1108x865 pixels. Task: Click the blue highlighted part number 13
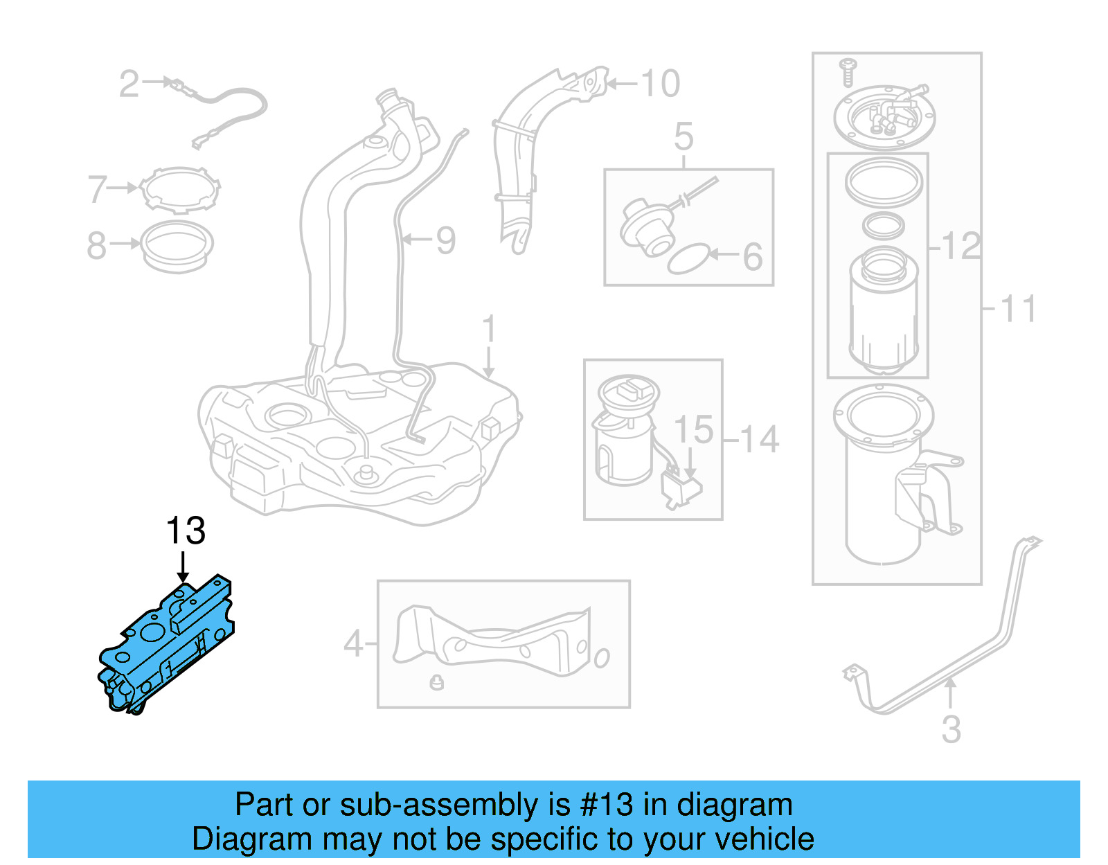click(x=166, y=644)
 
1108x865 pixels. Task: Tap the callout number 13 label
click(x=186, y=531)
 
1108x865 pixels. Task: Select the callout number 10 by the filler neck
click(x=660, y=84)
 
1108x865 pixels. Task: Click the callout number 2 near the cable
click(x=129, y=84)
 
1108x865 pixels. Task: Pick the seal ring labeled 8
click(x=177, y=245)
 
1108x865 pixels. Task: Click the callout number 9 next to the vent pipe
click(x=445, y=240)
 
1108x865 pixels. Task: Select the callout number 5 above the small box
click(x=683, y=136)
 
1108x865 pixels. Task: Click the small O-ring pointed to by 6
click(x=688, y=258)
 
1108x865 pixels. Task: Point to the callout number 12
click(x=961, y=246)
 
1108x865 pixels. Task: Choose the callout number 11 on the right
click(x=1017, y=309)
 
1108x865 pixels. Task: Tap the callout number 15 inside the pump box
click(x=693, y=430)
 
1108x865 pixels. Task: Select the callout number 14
click(x=759, y=440)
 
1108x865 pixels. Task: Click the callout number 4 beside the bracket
click(x=353, y=644)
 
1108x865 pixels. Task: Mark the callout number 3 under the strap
click(x=951, y=729)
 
